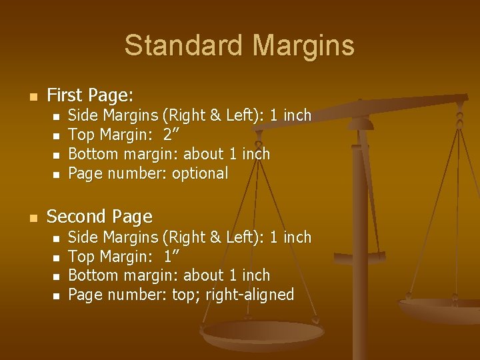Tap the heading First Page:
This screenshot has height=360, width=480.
coord(90,95)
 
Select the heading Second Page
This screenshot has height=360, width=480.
coord(99,217)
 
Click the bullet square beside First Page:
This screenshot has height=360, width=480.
coord(33,96)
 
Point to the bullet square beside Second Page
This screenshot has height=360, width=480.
coord(33,217)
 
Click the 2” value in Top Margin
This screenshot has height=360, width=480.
coord(172,135)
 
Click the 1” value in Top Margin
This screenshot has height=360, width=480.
coord(172,256)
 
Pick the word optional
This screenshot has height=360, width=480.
coord(200,173)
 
